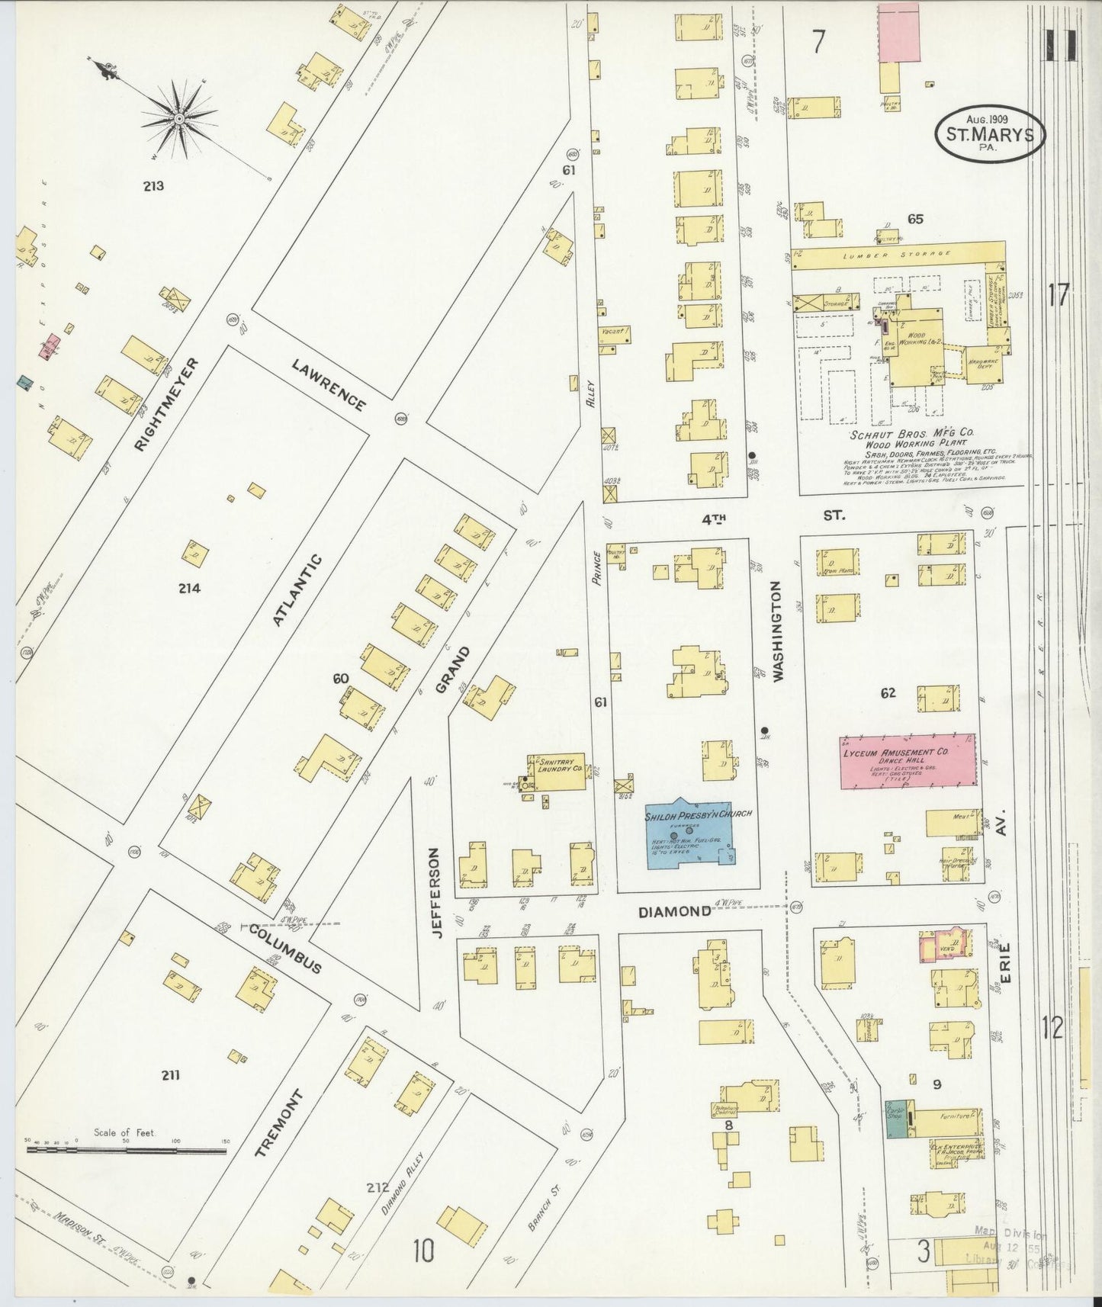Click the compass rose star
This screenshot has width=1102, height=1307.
pyautogui.click(x=178, y=119)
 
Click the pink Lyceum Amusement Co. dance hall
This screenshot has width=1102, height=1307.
pyautogui.click(x=908, y=761)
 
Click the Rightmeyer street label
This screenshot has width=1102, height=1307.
pyautogui.click(x=165, y=404)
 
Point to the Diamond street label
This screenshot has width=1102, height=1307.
pyautogui.click(x=674, y=910)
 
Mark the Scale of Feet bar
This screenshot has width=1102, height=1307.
pyautogui.click(x=127, y=1148)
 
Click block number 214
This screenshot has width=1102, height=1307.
pyautogui.click(x=188, y=588)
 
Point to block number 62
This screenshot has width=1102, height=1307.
pyautogui.click(x=888, y=693)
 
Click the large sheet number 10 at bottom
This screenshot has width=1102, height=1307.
pyautogui.click(x=424, y=1250)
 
